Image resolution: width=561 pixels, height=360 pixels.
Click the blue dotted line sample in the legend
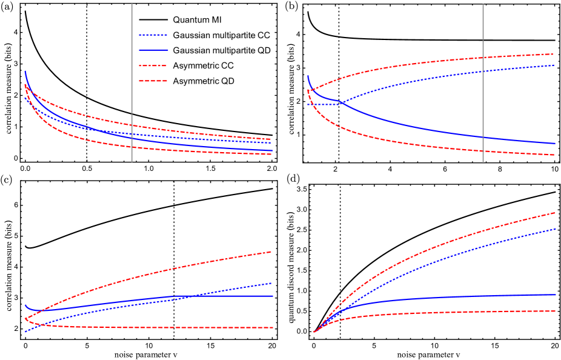[x=153, y=35]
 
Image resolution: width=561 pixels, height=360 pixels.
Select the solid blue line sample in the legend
[x=153, y=50]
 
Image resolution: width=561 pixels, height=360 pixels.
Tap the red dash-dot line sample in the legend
[x=153, y=65]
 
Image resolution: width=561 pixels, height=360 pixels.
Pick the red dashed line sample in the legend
[x=153, y=81]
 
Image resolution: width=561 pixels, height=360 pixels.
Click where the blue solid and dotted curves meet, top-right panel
[x=343, y=103]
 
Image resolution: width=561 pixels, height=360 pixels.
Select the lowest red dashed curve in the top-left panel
[x=182, y=150]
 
